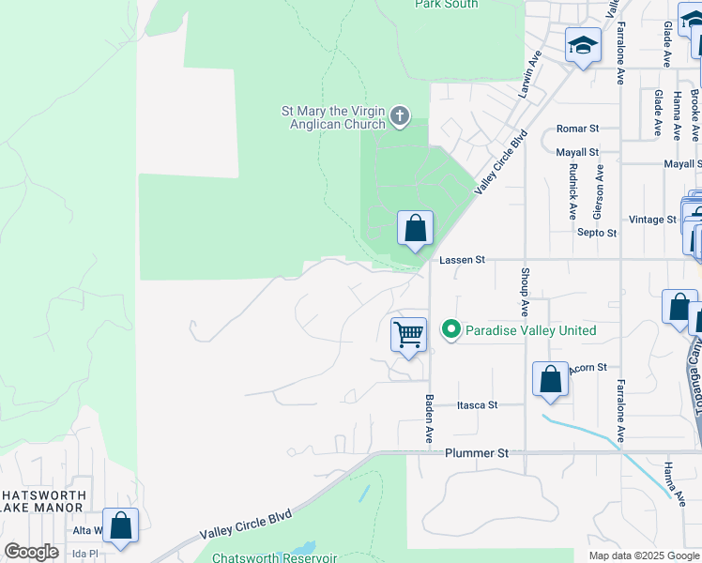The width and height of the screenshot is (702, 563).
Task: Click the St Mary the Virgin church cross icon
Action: [x=400, y=117]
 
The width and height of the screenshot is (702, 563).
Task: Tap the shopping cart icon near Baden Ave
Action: [x=408, y=334]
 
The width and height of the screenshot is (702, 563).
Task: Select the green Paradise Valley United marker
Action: [x=450, y=329]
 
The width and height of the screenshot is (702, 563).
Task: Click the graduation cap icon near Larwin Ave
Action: [x=583, y=45]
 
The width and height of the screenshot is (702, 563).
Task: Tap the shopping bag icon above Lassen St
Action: [x=415, y=228]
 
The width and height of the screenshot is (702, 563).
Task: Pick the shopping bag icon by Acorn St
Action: [x=550, y=380]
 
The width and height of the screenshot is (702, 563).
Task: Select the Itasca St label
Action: [x=477, y=405]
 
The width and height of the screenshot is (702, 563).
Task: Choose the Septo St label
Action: [x=596, y=233]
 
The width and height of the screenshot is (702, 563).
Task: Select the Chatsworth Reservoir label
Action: [x=274, y=557]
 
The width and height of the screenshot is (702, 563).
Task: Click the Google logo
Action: [x=32, y=552]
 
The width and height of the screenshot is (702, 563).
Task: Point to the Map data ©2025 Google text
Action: [x=643, y=555]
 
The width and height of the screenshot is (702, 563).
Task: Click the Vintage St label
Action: [x=652, y=220]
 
